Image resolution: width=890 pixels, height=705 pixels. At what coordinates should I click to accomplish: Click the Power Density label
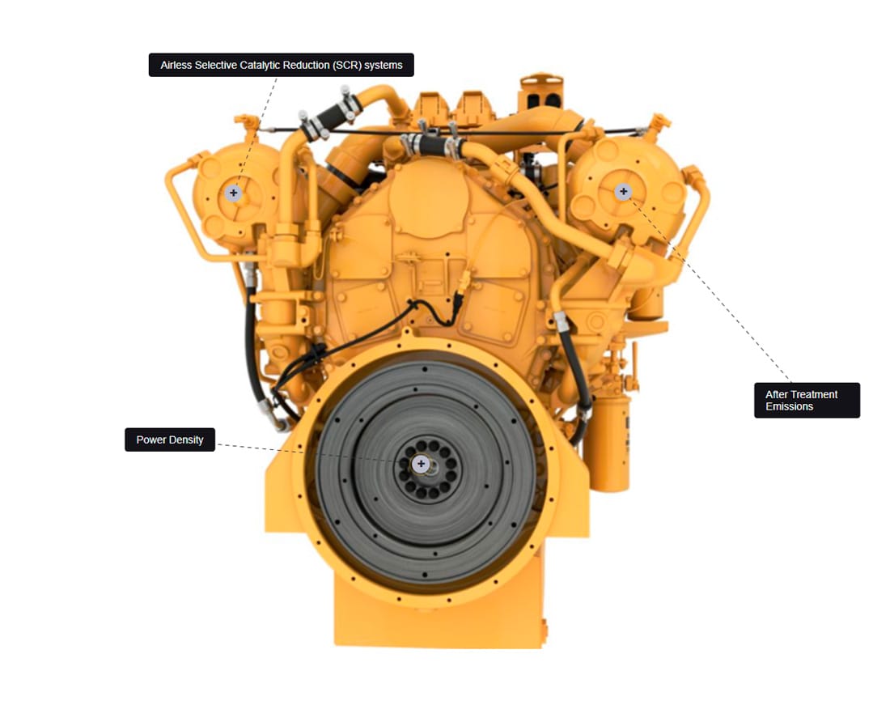(x=170, y=440)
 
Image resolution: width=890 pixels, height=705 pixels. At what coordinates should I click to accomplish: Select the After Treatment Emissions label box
(x=807, y=400)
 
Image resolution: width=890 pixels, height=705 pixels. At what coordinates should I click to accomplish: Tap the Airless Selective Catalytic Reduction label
(x=281, y=65)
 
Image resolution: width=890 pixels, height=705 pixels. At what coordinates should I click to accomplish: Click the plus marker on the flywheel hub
(x=421, y=464)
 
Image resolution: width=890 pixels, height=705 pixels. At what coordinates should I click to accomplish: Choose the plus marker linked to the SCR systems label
(x=233, y=193)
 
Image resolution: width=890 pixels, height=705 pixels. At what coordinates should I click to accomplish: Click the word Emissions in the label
(x=789, y=406)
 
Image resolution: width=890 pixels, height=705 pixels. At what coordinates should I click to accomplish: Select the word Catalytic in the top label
(x=264, y=66)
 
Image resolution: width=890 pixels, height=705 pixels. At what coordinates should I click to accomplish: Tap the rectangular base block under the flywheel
(x=437, y=618)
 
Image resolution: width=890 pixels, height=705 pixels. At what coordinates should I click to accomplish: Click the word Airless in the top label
(x=176, y=66)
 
